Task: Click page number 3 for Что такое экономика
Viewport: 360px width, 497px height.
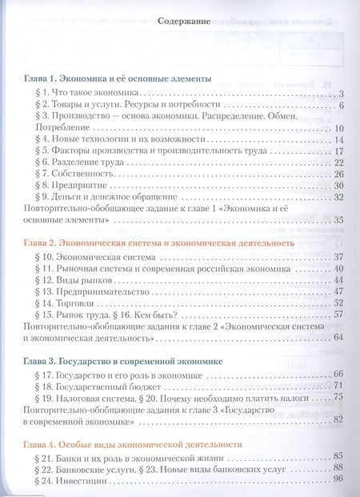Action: tap(341, 94)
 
